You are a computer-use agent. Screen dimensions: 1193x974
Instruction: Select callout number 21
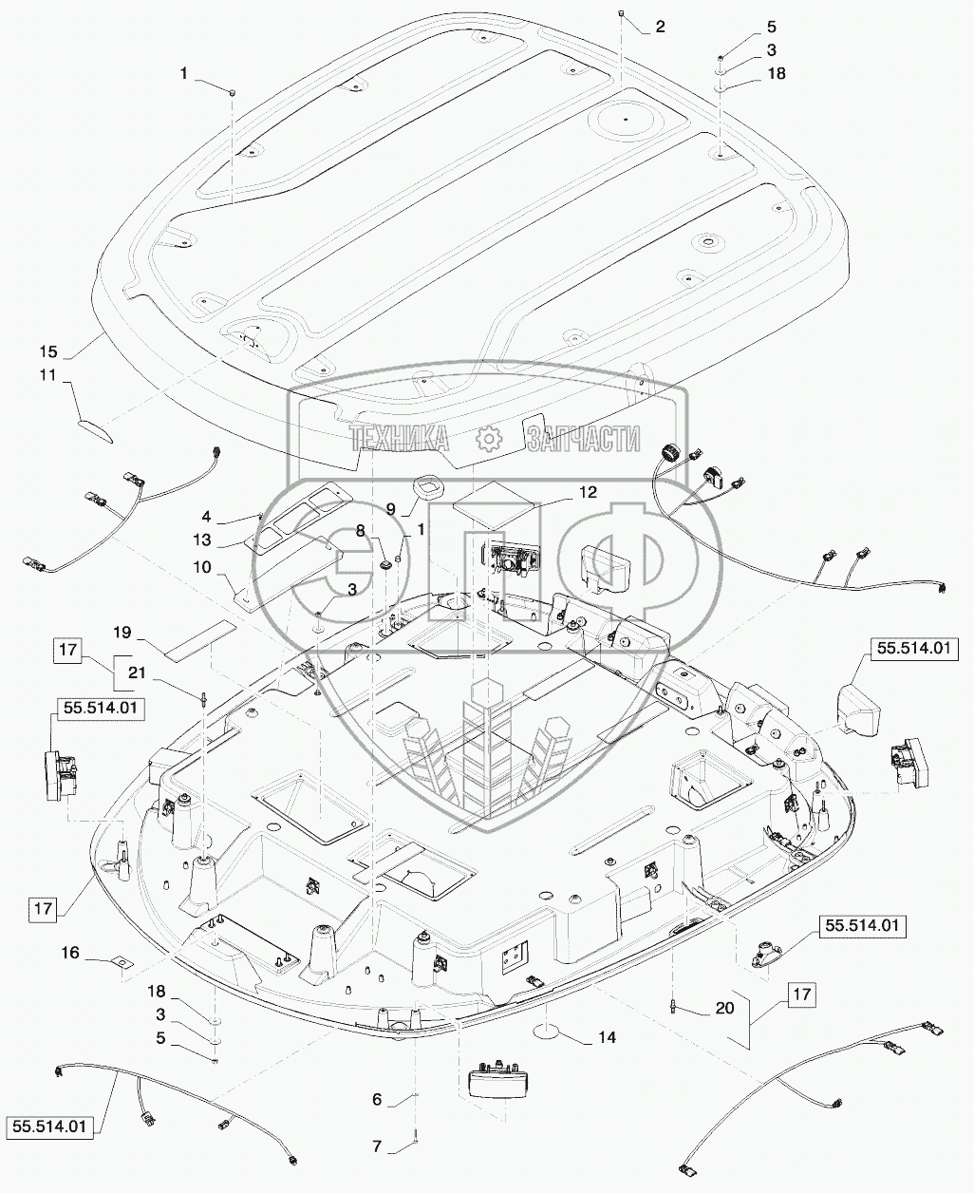click(x=137, y=672)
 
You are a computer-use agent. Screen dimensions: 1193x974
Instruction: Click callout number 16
click(x=96, y=951)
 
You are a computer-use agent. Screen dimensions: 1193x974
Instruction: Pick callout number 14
click(x=607, y=1038)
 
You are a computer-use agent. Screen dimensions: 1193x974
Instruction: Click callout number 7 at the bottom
click(x=377, y=1146)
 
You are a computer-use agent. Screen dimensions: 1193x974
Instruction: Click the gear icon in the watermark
click(x=488, y=438)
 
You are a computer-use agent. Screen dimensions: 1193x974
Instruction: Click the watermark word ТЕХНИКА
click(x=399, y=438)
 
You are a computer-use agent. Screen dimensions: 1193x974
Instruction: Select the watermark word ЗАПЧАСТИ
click(x=582, y=438)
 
